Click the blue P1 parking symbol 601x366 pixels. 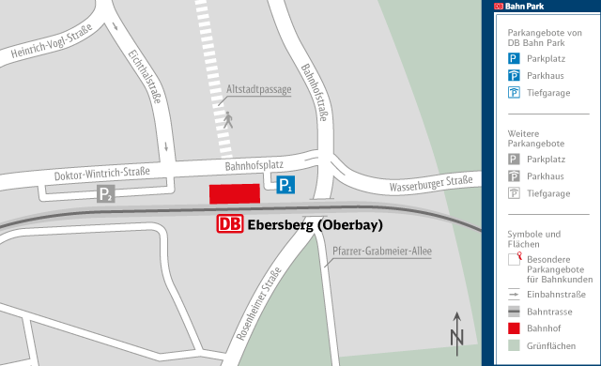click(x=285, y=186)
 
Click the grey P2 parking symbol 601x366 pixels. click(x=106, y=194)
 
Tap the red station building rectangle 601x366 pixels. click(x=234, y=193)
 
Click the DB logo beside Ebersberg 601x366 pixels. click(x=230, y=224)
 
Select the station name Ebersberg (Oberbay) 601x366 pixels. click(x=315, y=225)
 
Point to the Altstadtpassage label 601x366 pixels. click(x=259, y=90)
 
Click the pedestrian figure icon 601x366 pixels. click(x=227, y=119)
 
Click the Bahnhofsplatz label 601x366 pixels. click(x=254, y=165)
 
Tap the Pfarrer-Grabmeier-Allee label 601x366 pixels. click(x=381, y=251)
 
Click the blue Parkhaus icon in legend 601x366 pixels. click(x=514, y=75)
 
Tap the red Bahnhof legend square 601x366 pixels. click(x=514, y=328)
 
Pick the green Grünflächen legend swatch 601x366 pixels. click(x=514, y=346)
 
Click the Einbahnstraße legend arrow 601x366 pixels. click(x=514, y=294)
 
